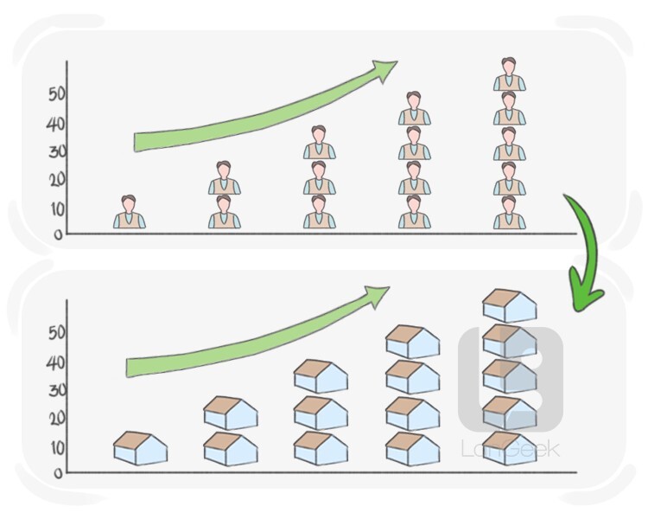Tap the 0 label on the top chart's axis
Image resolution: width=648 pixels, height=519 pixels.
(x=57, y=234)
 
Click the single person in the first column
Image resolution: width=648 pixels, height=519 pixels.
(x=129, y=212)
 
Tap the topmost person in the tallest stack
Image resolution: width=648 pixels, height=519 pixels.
(x=509, y=74)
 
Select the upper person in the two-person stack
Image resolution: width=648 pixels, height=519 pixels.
(x=224, y=178)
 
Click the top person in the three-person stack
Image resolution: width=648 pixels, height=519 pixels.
(x=319, y=144)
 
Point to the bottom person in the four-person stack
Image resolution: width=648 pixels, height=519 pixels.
(x=414, y=212)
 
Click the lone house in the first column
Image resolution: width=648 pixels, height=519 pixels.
(x=141, y=447)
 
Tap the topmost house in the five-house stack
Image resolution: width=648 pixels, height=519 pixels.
(x=509, y=305)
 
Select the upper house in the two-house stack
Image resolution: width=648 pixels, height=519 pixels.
(x=230, y=413)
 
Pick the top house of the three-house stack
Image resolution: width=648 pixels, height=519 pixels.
(x=321, y=376)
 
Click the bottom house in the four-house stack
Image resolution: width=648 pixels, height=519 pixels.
(x=412, y=448)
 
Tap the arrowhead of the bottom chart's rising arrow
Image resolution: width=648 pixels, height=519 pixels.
(x=375, y=297)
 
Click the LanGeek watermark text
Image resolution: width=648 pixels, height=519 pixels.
(x=510, y=449)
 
